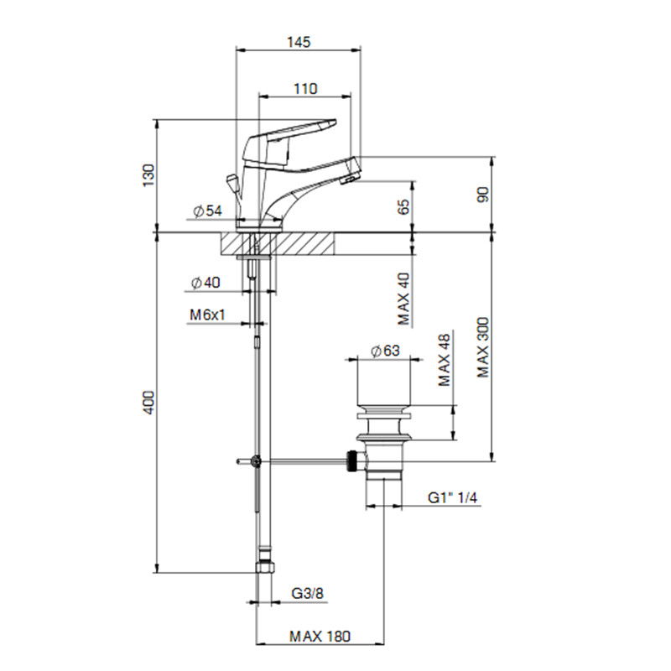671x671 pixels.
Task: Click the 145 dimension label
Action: tap(299, 42)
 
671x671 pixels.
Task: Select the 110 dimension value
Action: tap(305, 89)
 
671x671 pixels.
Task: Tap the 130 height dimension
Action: tap(148, 175)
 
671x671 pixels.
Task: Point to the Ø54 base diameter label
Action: tap(207, 211)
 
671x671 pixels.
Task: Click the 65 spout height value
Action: tap(403, 206)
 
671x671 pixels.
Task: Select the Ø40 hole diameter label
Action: tap(205, 283)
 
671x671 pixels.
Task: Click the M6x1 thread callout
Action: tap(207, 315)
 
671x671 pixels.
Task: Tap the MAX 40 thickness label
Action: tap(403, 299)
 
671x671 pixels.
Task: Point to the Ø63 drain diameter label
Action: tap(385, 351)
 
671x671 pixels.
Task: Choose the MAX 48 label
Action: tap(445, 360)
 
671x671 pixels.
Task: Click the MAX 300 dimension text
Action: tap(483, 347)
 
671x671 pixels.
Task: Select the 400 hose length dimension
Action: tap(148, 402)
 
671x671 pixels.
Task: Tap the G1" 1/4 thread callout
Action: tap(453, 497)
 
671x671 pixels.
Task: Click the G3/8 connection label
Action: tap(308, 594)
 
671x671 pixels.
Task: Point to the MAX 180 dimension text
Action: tap(320, 637)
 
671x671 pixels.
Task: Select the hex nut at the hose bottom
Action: tap(265, 568)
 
